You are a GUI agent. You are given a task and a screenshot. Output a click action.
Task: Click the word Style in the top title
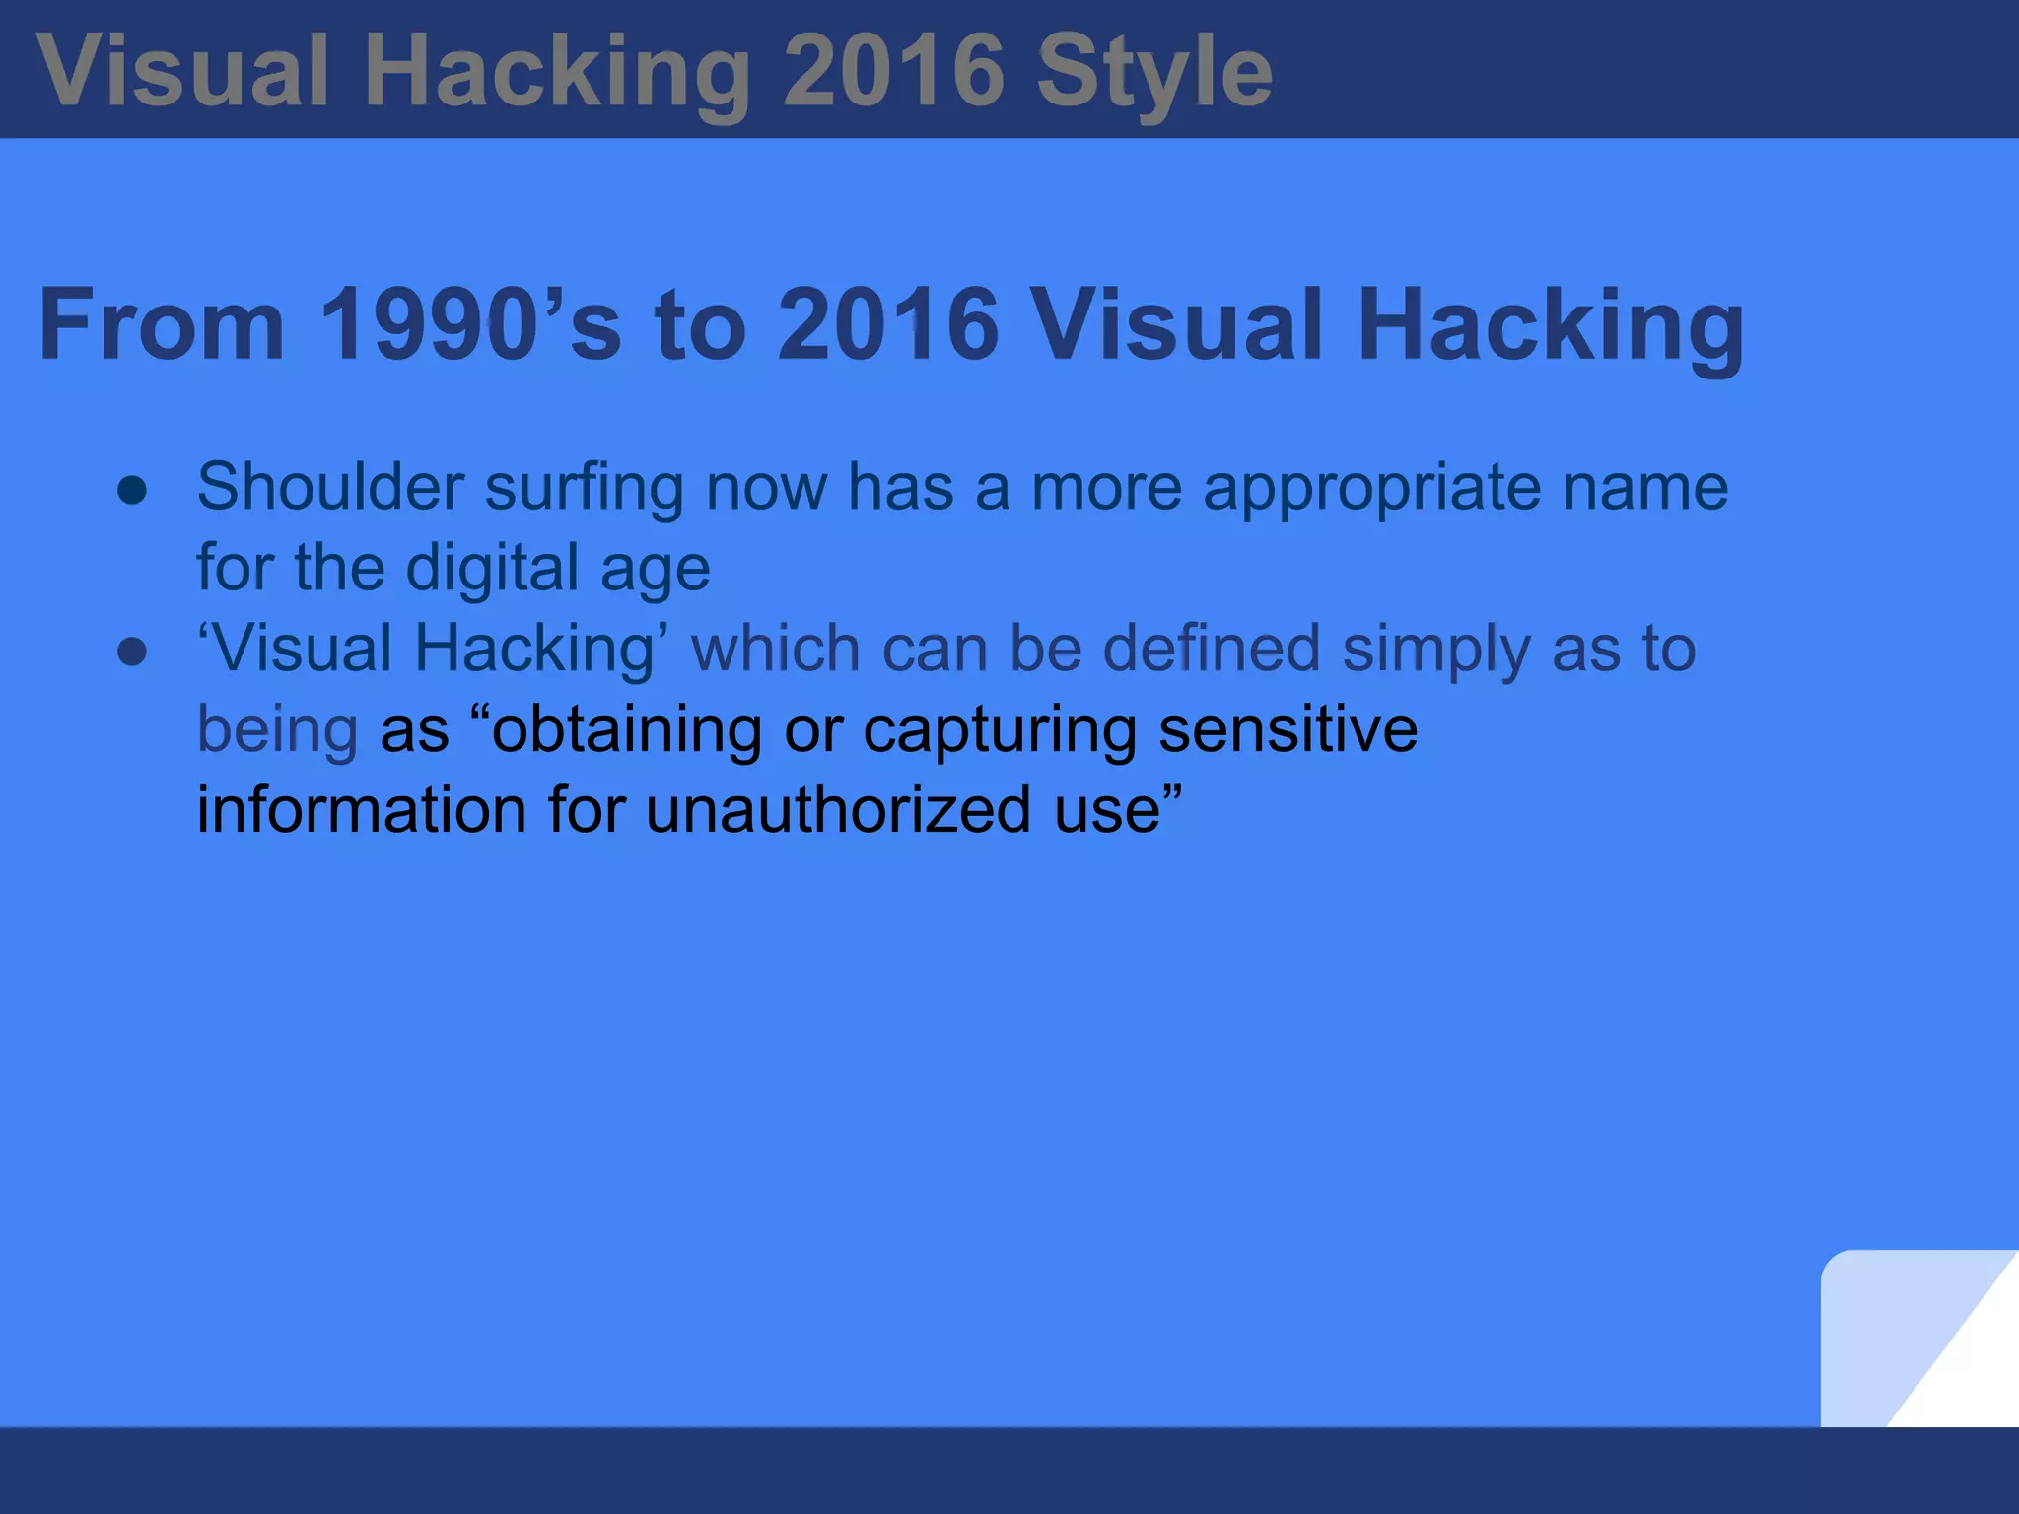click(x=1154, y=73)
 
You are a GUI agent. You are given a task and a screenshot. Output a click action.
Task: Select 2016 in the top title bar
click(x=893, y=71)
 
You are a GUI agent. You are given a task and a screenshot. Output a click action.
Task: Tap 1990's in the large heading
click(x=470, y=324)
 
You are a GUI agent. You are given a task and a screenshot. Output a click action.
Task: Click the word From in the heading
click(x=162, y=324)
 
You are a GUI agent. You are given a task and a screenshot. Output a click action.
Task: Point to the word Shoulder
click(x=330, y=487)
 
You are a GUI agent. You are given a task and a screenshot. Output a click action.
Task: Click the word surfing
click(x=584, y=487)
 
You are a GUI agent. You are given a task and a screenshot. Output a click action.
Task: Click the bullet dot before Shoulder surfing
click(x=132, y=490)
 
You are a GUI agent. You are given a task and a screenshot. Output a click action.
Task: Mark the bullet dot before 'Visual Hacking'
click(x=132, y=652)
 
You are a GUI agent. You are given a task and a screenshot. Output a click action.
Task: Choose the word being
click(x=277, y=730)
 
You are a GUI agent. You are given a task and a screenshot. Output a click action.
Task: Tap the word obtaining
click(x=626, y=730)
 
